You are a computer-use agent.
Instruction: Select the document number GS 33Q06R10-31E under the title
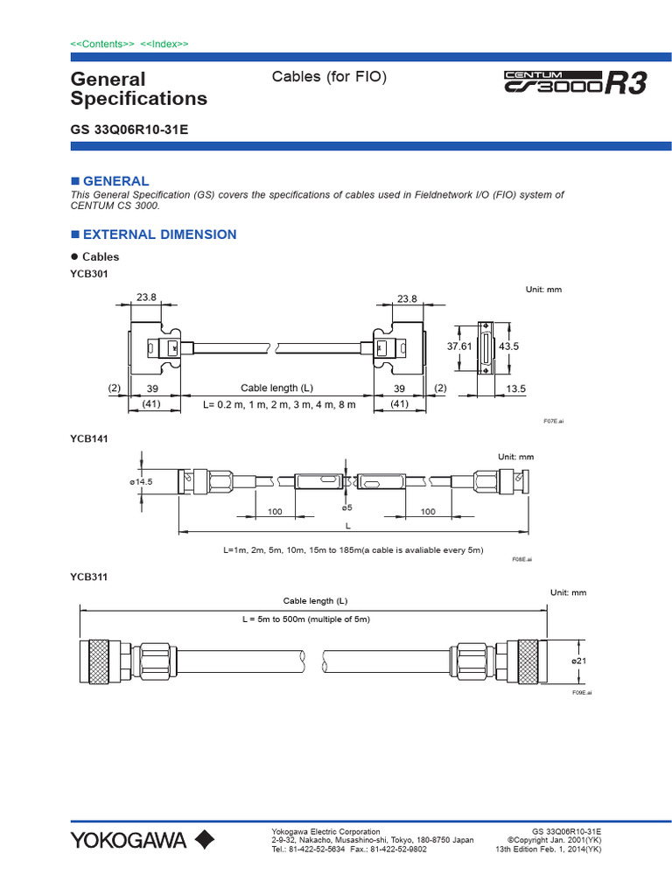(129, 129)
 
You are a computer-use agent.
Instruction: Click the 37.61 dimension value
(459, 346)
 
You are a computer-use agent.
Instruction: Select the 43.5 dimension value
(509, 346)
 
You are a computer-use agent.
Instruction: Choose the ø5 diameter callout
(346, 507)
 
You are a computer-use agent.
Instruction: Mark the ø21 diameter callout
(578, 661)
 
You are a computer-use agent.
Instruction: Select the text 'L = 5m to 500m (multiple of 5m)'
(306, 619)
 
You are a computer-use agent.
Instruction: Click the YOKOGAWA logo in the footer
(142, 841)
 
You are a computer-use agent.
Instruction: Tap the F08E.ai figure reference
(521, 557)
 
